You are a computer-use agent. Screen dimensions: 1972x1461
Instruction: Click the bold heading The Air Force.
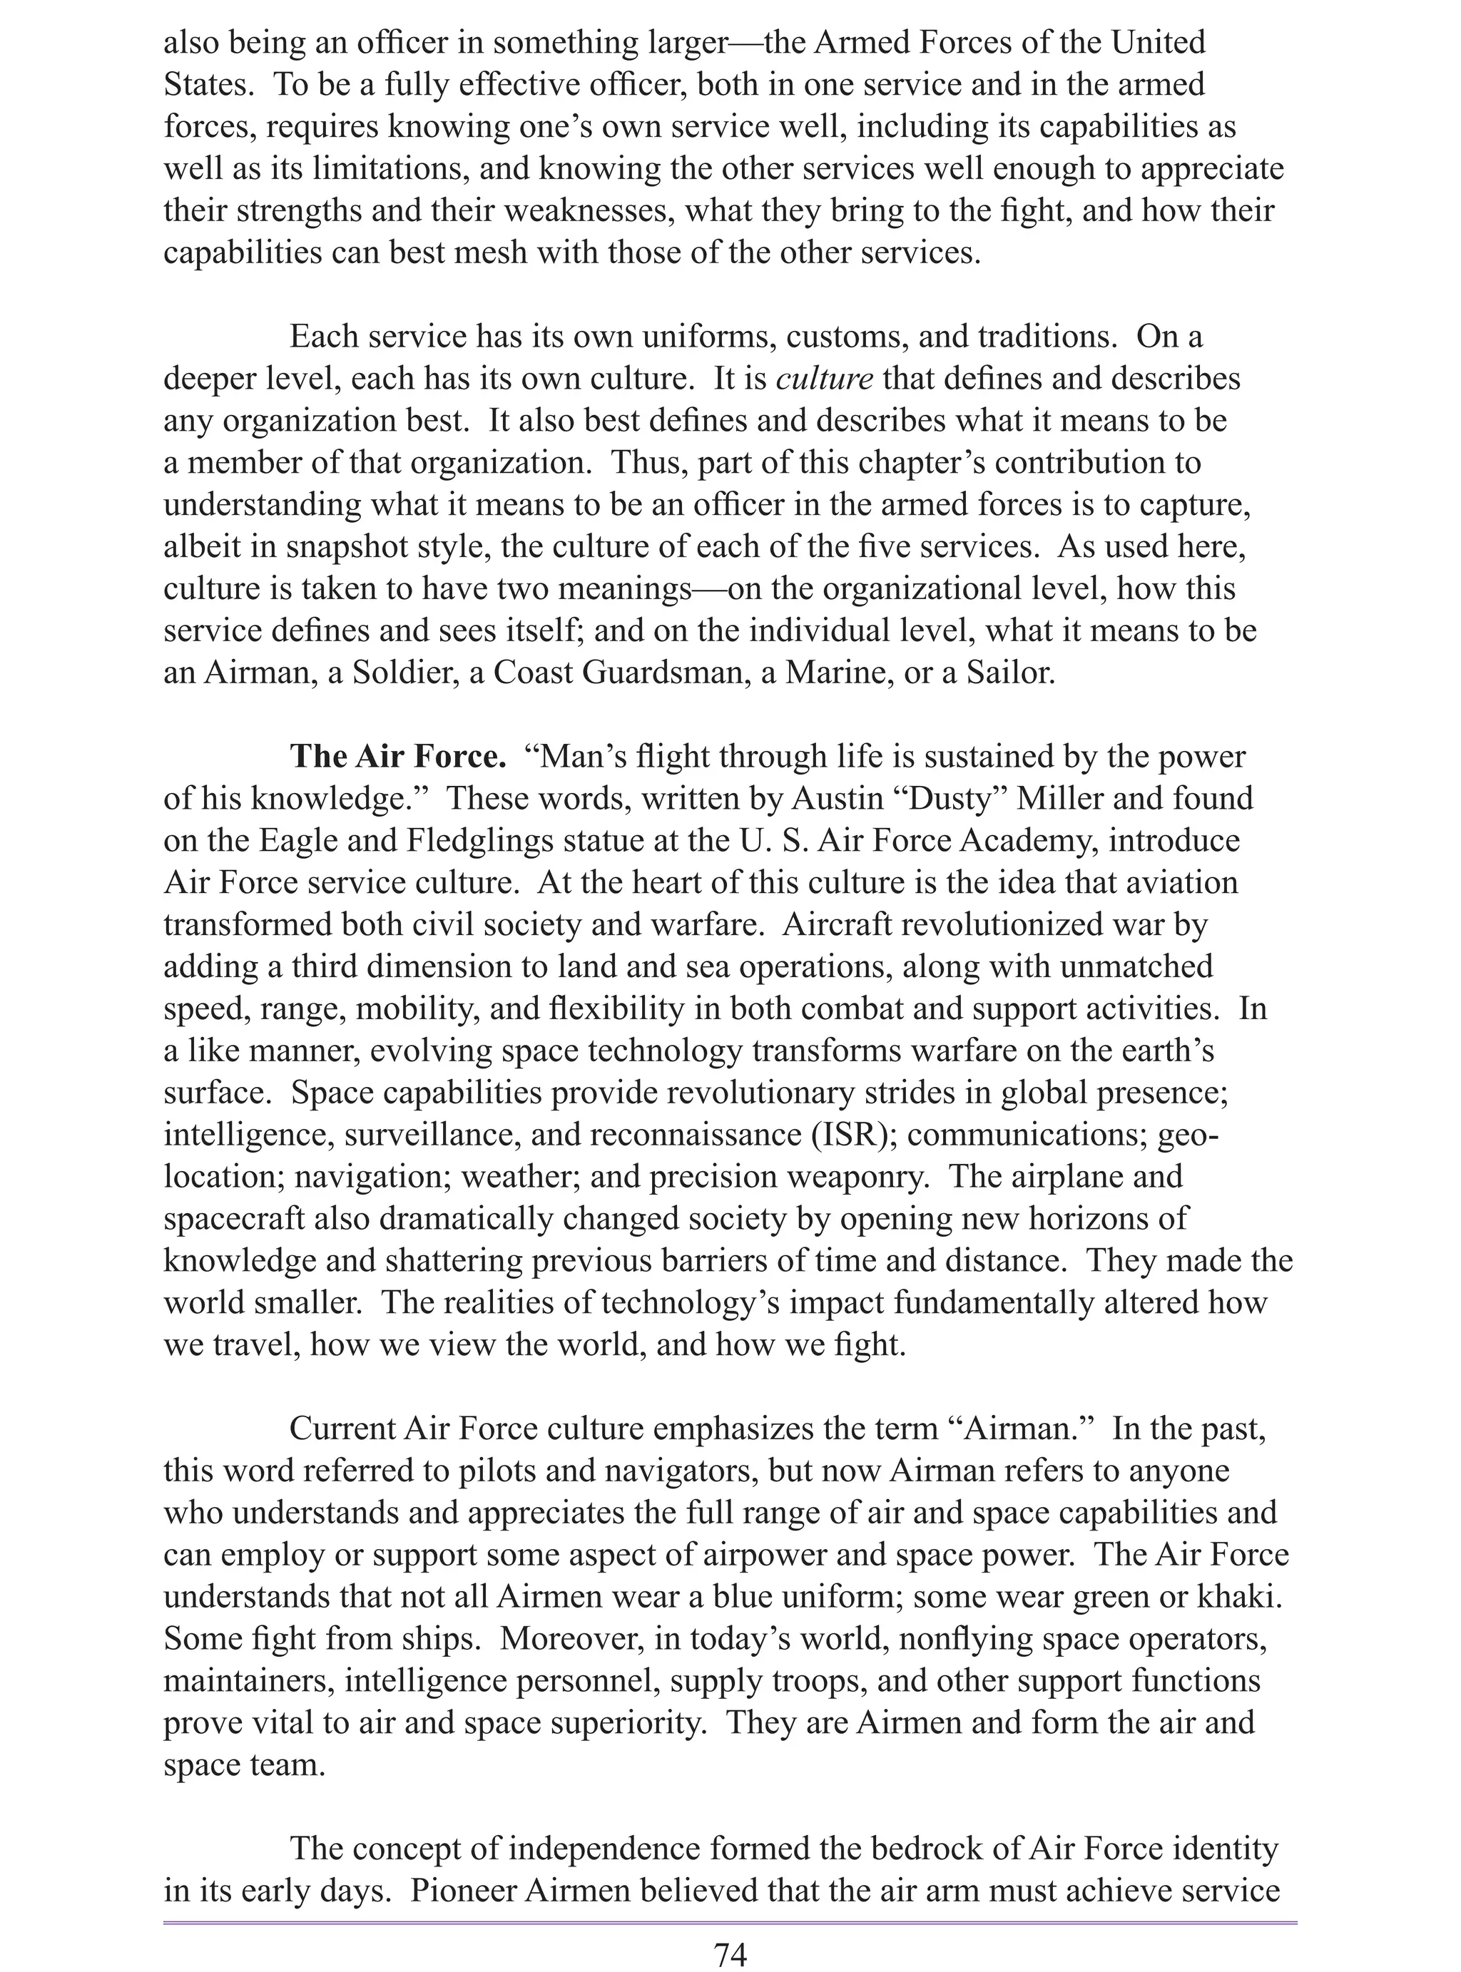pos(398,757)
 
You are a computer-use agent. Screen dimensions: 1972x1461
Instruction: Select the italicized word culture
pos(824,379)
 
